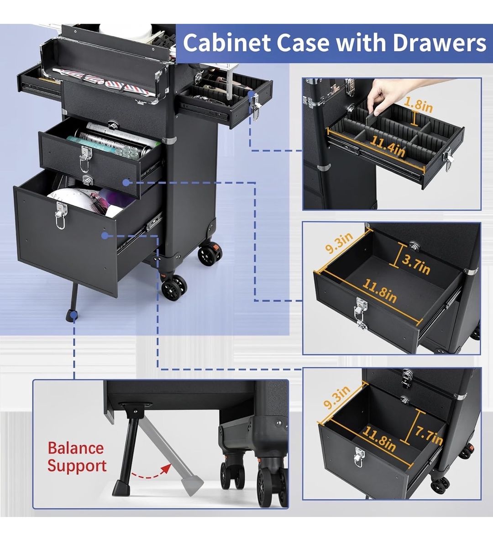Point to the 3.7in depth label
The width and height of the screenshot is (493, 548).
[x=416, y=265]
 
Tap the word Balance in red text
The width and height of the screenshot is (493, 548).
[x=76, y=448]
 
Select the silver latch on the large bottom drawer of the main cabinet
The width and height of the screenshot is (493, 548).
[x=60, y=215]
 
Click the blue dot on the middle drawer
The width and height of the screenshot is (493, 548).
[x=126, y=183]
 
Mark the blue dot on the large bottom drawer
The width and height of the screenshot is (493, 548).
[x=105, y=236]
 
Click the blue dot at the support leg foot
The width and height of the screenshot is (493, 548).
[x=73, y=316]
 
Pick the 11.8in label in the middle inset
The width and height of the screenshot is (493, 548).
[x=379, y=290]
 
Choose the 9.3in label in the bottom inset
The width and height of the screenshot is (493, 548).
[x=337, y=397]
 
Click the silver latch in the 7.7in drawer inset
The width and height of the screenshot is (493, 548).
[x=359, y=456]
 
